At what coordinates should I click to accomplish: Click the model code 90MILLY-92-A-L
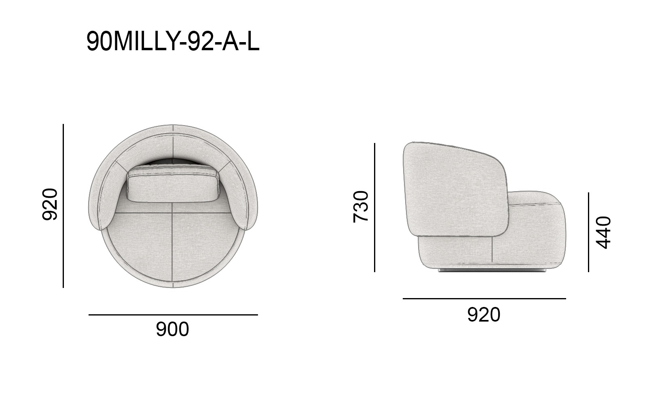tap(173, 42)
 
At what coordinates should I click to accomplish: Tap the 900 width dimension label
tap(172, 329)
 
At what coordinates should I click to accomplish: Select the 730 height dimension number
tap(361, 207)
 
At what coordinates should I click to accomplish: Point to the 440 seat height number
tap(603, 232)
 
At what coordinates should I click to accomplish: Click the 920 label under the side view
tap(484, 315)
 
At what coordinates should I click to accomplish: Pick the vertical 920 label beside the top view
tap(50, 204)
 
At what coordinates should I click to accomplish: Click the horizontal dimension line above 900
tap(173, 315)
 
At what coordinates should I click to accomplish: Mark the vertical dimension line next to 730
tap(374, 207)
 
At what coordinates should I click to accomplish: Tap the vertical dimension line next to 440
tap(588, 232)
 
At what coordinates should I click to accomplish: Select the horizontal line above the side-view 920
tap(484, 298)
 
